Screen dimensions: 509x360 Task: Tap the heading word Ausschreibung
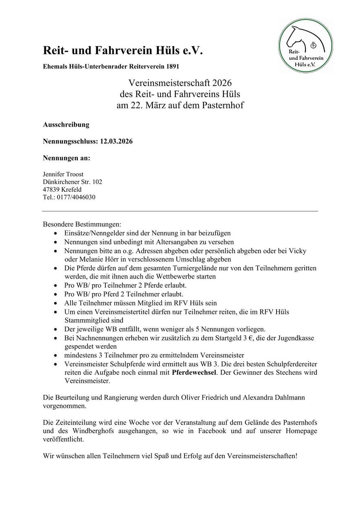[x=66, y=125]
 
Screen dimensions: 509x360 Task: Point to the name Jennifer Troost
[x=63, y=174]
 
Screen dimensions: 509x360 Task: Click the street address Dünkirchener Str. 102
[x=72, y=182]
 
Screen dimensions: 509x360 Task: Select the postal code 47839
[x=51, y=190]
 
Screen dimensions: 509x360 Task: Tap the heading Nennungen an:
[x=66, y=158]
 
